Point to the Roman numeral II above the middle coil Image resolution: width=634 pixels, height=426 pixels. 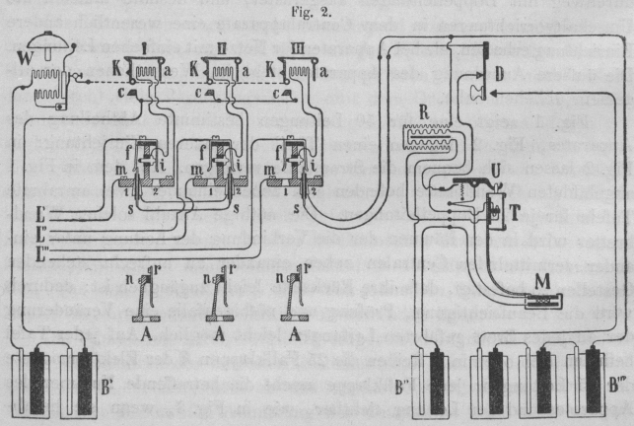(x=220, y=48)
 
